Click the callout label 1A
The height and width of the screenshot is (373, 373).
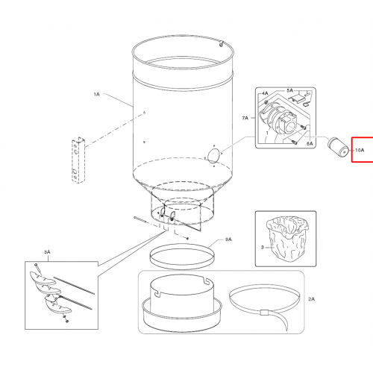point(96,94)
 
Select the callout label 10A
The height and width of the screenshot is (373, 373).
point(360,150)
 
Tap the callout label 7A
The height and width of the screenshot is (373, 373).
point(245,118)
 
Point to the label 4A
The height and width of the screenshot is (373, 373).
point(265,93)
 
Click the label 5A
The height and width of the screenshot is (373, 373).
point(289,90)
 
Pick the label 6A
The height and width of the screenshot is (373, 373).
point(310,143)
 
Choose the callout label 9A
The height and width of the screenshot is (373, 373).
point(228,239)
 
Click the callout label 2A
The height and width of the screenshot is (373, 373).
point(311,299)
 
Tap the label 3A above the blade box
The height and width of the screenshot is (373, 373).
point(47,252)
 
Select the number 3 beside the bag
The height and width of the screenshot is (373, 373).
point(262,247)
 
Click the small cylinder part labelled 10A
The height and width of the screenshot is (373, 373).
point(338,147)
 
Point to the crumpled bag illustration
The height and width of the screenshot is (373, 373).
point(288,238)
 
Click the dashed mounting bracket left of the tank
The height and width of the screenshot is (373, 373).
point(78,160)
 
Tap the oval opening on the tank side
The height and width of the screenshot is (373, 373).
point(213,156)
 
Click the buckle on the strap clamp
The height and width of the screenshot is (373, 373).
point(264,313)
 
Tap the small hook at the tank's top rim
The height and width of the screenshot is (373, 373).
point(221,43)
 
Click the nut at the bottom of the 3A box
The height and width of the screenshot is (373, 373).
point(66,322)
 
